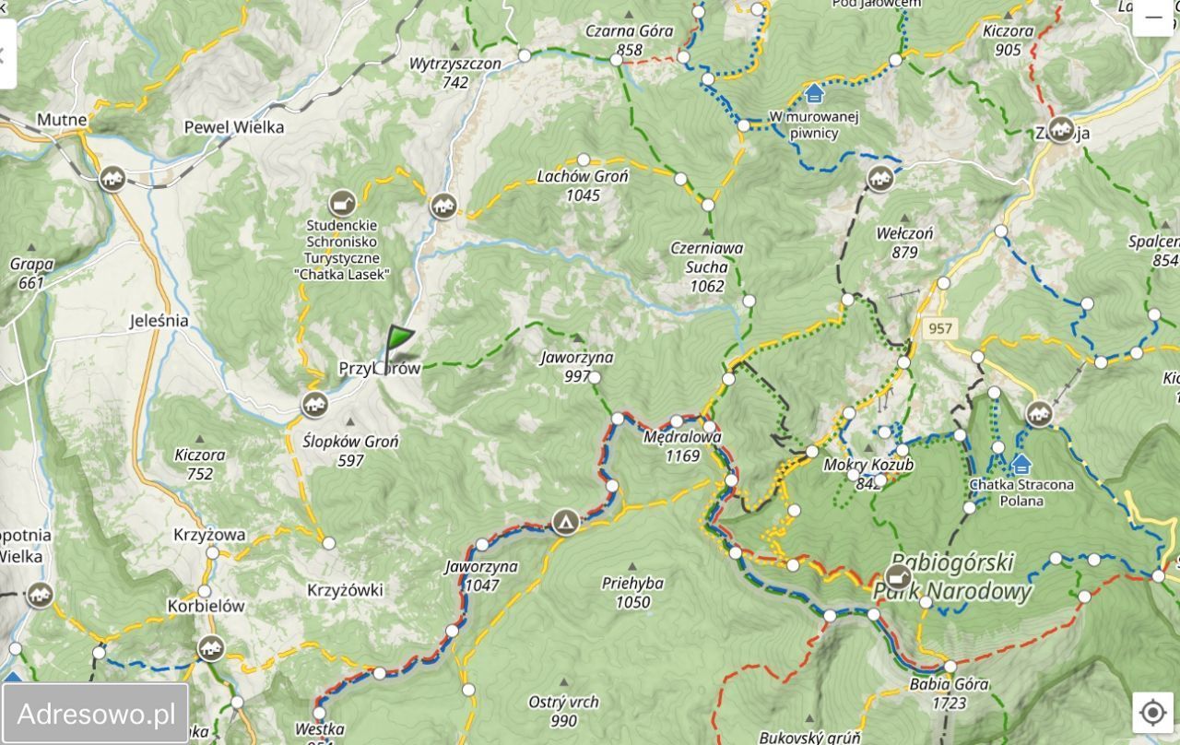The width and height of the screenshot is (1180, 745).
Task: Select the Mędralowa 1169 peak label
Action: [x=683, y=446]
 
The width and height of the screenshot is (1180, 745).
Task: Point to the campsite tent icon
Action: [x=564, y=523]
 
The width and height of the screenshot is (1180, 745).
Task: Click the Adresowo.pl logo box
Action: [x=96, y=714]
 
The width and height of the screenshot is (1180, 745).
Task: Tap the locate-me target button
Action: [x=1152, y=713]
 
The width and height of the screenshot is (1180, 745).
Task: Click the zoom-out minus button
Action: [x=1152, y=18]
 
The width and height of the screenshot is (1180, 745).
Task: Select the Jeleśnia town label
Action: [x=159, y=322]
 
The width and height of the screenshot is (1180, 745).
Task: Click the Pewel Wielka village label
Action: [x=234, y=127]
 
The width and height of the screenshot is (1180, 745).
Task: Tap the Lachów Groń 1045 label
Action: [x=583, y=185]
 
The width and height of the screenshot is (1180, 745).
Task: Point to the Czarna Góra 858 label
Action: [x=630, y=40]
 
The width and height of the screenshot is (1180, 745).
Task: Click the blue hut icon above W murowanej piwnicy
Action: [x=814, y=94]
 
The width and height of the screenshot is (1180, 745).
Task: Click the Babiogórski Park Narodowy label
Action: [x=953, y=576]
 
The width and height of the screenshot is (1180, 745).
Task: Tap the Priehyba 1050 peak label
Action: [x=632, y=592]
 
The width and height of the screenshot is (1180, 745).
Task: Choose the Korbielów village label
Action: [x=206, y=607]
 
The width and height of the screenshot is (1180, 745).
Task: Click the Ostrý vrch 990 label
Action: [x=563, y=711]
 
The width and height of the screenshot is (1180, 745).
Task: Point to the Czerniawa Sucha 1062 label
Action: [x=707, y=266]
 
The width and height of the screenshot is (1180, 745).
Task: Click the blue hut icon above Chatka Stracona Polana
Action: [x=1021, y=464]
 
